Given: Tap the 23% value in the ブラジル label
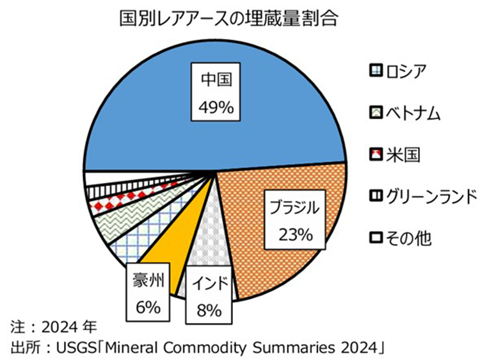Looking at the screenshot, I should click(294, 235).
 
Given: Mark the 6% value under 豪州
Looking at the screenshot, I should click(148, 307).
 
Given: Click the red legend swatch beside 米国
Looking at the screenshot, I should click(376, 154).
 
